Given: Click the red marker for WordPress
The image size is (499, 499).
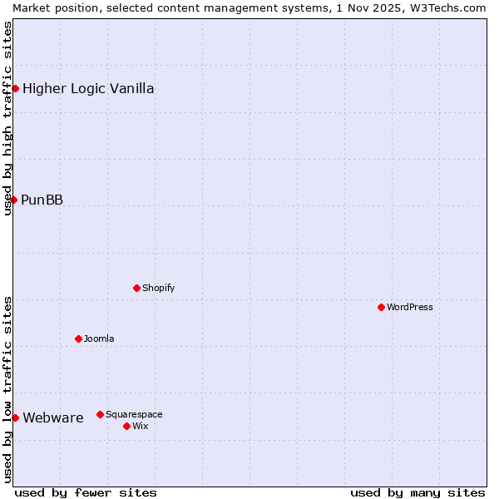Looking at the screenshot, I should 381,307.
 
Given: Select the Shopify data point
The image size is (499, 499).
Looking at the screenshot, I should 136,288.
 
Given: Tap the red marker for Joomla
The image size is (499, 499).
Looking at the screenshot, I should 78,338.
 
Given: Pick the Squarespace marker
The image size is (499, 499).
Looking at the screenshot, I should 100,414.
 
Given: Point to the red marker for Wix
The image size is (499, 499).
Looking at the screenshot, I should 126,426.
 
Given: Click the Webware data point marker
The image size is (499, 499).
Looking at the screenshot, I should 15,417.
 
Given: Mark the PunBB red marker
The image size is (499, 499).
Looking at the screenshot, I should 13,200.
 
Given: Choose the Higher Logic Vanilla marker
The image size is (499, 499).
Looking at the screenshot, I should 15,88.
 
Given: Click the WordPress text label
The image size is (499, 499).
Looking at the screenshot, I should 409,307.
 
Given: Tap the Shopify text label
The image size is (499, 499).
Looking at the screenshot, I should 158,288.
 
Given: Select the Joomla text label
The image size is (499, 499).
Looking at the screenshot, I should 99,338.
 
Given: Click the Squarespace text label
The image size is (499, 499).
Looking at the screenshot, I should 134,414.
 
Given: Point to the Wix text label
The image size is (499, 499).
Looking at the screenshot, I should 141,426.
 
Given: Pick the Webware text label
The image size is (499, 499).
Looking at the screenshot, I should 53,417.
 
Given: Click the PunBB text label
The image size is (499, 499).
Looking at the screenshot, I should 42,200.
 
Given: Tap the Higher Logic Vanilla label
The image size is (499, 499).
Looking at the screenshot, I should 88,88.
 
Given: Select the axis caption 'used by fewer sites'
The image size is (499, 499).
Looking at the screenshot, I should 86,492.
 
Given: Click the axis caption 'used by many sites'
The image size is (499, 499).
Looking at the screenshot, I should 417,492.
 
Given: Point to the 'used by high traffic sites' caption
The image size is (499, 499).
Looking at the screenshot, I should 7,118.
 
